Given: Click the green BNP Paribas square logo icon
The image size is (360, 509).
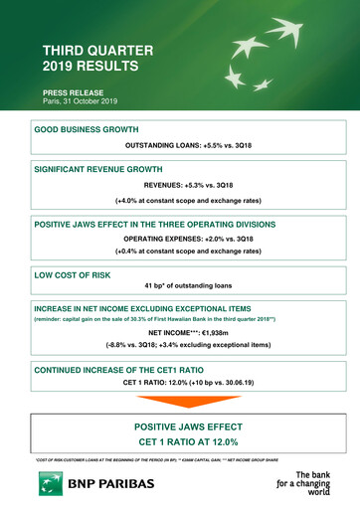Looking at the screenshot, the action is point(50,484).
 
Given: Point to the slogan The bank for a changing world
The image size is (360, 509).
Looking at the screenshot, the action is point(309,484).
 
